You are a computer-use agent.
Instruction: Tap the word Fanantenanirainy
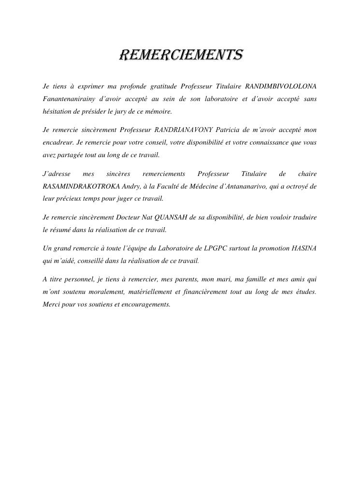click(x=68, y=99)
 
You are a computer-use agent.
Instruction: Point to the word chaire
click(x=307, y=174)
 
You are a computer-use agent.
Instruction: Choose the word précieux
click(x=69, y=199)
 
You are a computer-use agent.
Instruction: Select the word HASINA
click(x=304, y=248)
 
